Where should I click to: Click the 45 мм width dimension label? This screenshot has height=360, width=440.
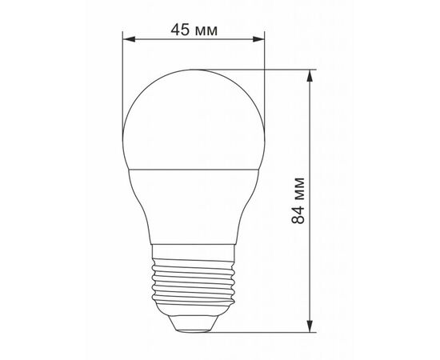194,30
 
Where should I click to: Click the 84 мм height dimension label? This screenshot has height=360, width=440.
298,201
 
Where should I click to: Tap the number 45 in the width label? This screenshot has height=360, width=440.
180,30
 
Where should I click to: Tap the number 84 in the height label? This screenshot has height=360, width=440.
298,215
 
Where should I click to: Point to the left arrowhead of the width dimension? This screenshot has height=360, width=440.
129,39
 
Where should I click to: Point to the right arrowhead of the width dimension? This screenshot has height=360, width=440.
258,39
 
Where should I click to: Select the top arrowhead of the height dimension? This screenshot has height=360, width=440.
310,76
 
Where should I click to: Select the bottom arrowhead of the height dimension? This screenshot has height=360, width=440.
310,326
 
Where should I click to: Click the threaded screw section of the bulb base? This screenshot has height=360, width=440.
193,282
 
